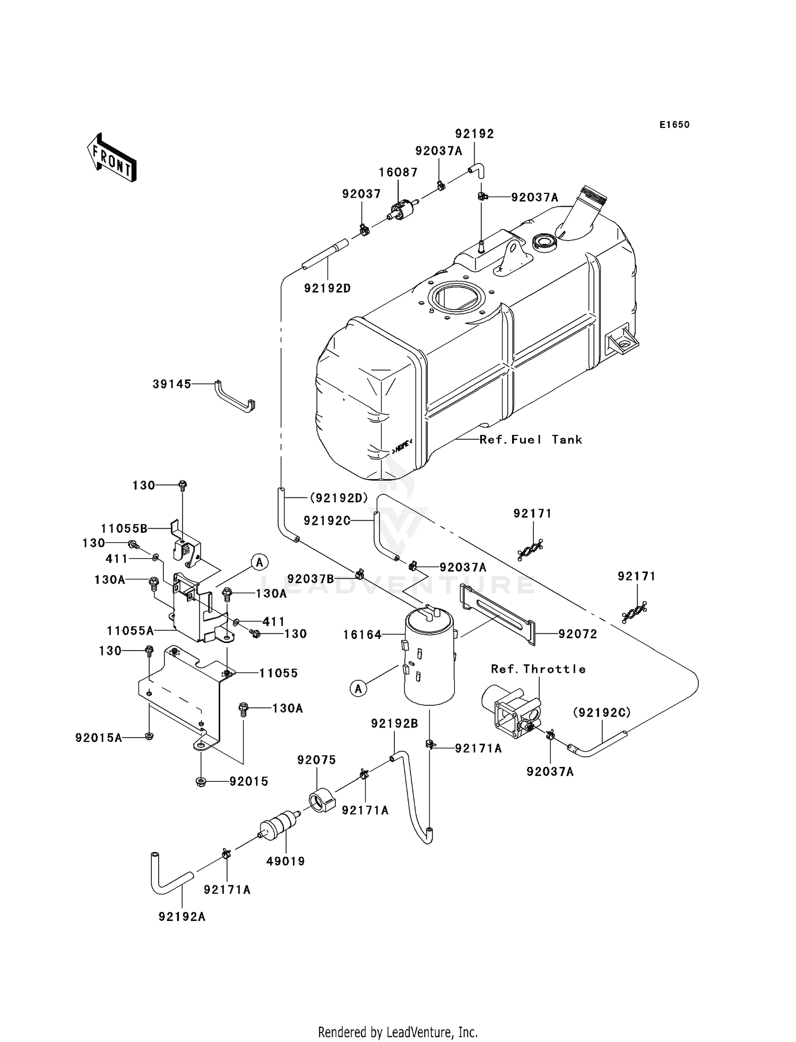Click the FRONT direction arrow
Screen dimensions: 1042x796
(112, 158)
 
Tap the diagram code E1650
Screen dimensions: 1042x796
(674, 125)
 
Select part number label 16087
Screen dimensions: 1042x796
(398, 172)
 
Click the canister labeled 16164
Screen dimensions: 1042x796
(429, 659)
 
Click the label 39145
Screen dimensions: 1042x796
(172, 384)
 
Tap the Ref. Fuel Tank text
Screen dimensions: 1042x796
(530, 440)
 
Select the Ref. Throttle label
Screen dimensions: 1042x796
(538, 669)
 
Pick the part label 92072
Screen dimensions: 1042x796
(577, 634)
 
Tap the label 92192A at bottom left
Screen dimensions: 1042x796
(181, 917)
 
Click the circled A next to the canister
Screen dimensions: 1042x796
(359, 689)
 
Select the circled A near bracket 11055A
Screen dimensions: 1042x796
(259, 561)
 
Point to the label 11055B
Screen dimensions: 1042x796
(124, 528)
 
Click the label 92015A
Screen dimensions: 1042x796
(99, 738)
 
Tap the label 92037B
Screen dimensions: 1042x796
(310, 578)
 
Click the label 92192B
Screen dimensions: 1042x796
(394, 723)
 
